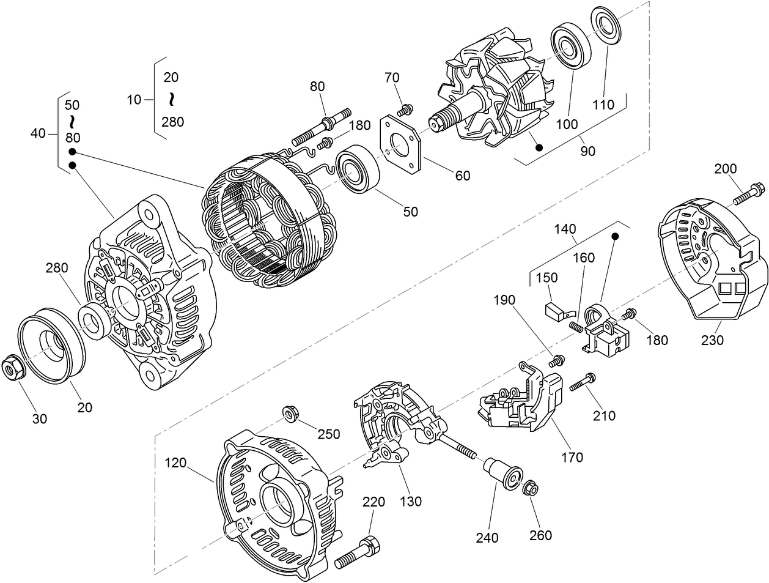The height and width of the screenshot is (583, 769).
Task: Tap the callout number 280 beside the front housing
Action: [56, 268]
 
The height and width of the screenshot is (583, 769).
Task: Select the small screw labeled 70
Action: [403, 110]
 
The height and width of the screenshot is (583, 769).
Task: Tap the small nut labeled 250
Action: [291, 414]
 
